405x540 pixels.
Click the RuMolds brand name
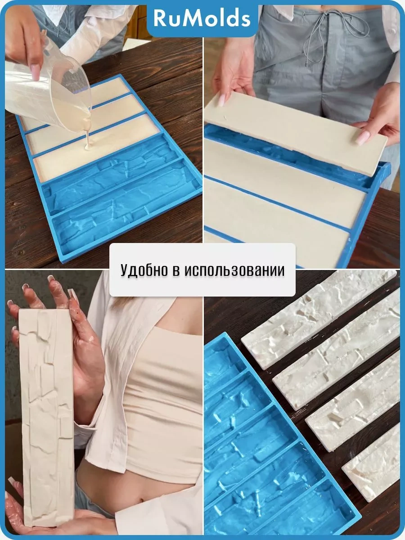click(x=202, y=18)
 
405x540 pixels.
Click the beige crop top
click(x=166, y=391)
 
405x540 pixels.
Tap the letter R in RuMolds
click(x=160, y=19)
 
